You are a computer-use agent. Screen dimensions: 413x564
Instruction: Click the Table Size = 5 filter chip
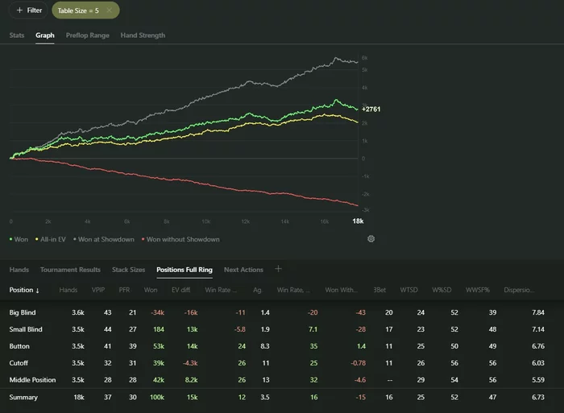click(x=85, y=10)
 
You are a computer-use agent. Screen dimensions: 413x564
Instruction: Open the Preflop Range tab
click(x=87, y=35)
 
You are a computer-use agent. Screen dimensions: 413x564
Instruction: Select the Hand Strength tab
click(x=143, y=35)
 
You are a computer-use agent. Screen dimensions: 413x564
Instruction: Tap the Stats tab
click(x=17, y=35)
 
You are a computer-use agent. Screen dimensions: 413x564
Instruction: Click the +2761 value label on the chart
click(x=371, y=109)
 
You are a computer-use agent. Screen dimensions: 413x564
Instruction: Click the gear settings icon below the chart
click(x=371, y=239)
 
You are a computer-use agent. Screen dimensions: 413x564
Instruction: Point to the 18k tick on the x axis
click(x=359, y=221)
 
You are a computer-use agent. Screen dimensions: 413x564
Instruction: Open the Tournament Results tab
click(x=70, y=270)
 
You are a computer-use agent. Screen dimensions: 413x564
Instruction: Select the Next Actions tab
click(x=243, y=270)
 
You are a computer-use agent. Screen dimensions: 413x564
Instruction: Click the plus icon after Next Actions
click(x=279, y=269)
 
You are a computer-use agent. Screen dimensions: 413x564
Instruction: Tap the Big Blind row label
click(x=23, y=312)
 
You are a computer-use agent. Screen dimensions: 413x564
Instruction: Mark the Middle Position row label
click(x=32, y=380)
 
